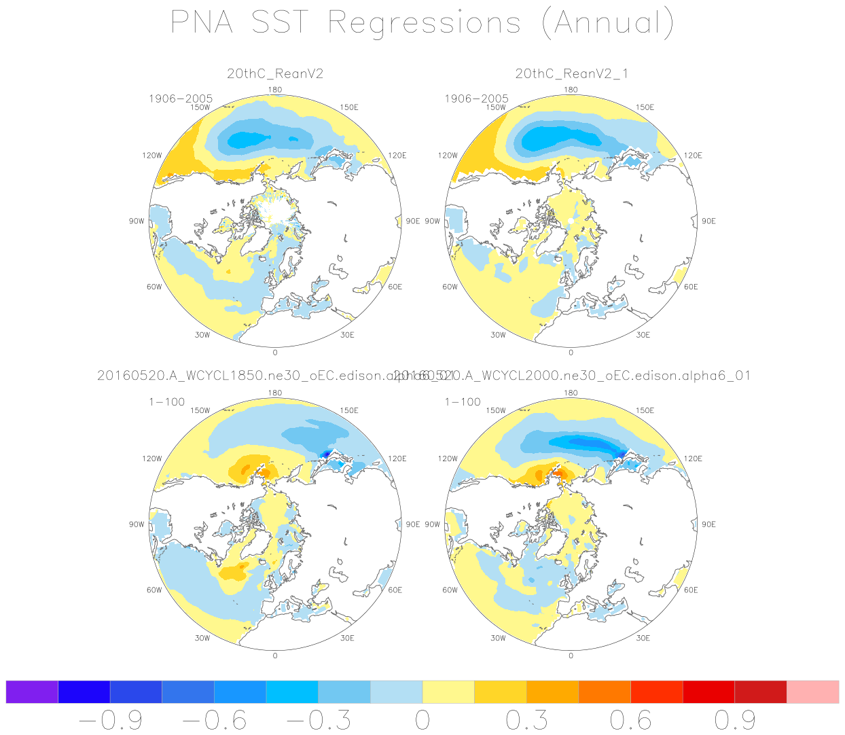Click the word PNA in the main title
coord(202,22)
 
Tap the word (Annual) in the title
coord(608,22)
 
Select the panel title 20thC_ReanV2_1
coord(571,73)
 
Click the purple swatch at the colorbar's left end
coord(32,692)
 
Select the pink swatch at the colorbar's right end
coord(812,692)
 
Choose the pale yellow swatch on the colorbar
coord(448,692)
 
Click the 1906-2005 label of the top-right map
coord(476,98)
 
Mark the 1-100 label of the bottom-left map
coord(167,401)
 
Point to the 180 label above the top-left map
coord(275,90)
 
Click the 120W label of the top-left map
coord(152,156)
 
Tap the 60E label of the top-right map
coord(691,287)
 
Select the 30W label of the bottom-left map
coord(202,638)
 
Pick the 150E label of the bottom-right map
coord(645,410)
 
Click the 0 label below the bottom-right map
coord(571,656)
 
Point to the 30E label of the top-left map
coord(347,335)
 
